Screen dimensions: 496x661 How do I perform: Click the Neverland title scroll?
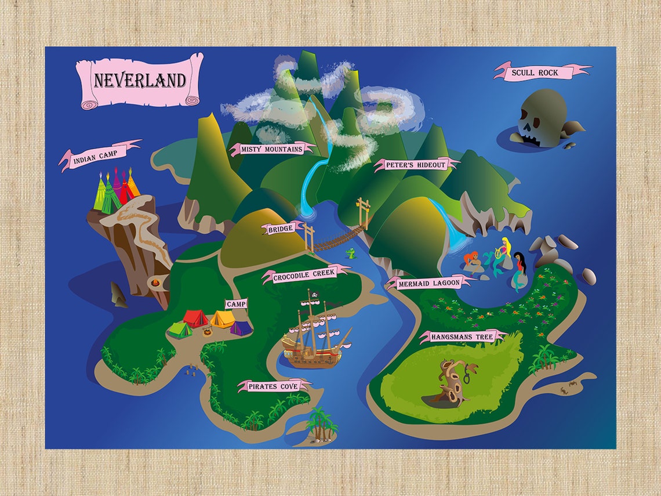[140, 81]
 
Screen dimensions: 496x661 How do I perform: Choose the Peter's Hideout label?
[416, 165]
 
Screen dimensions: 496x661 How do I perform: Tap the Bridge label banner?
[281, 229]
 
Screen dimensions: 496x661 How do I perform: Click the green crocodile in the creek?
[351, 252]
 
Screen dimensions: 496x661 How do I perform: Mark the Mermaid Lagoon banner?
[429, 283]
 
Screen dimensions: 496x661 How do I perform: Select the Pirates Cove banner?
[276, 386]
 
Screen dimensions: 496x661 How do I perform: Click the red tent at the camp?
[195, 318]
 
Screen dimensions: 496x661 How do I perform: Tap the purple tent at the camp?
[241, 328]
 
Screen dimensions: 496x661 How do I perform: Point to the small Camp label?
[236, 304]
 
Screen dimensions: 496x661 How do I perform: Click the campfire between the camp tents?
[206, 331]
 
